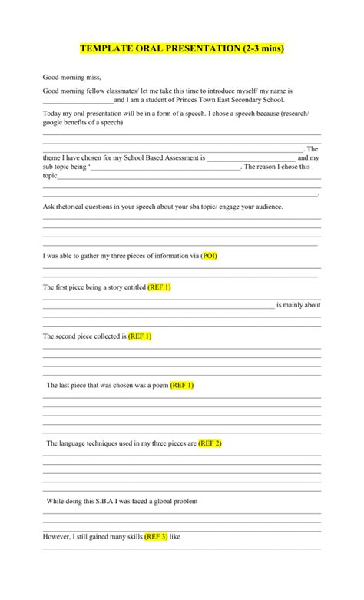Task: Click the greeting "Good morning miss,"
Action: [71, 78]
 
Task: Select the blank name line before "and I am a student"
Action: [78, 101]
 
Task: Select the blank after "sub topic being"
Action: [165, 167]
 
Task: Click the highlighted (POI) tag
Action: [209, 256]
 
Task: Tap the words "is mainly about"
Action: [298, 305]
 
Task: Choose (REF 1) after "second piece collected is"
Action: [140, 336]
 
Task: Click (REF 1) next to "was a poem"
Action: [182, 386]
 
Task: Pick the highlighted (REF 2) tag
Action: [210, 443]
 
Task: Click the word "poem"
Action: [159, 386]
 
